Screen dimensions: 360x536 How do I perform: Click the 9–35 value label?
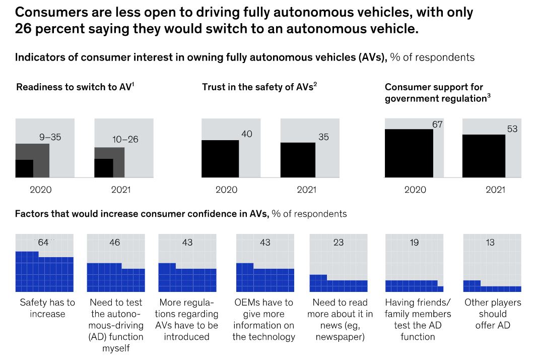[x=50, y=137]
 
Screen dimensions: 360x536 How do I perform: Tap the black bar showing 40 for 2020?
[x=220, y=158]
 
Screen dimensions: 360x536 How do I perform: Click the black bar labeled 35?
[x=298, y=160]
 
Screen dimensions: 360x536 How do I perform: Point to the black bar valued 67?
[x=409, y=153]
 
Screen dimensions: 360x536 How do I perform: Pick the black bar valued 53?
[x=484, y=156]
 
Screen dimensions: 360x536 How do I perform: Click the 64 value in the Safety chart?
[x=43, y=243]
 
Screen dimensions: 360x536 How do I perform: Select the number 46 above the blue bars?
[x=114, y=243]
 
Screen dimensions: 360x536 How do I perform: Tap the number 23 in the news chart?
[x=339, y=243]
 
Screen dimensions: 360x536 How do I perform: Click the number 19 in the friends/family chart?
[x=414, y=243]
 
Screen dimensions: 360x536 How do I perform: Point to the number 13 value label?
[x=490, y=243]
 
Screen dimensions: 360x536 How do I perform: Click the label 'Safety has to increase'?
[x=47, y=308]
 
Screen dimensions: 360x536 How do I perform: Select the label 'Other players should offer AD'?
[x=492, y=314]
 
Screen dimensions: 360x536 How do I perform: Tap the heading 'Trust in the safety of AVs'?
[x=259, y=87]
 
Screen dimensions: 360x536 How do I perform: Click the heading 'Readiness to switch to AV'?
[x=75, y=87]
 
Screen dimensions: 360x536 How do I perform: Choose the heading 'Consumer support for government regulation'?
[x=437, y=93]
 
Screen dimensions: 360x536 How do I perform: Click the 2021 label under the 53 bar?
[x=495, y=190]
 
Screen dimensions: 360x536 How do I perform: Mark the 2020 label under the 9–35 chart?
[x=41, y=190]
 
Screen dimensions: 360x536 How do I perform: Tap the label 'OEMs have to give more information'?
[x=263, y=320]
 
